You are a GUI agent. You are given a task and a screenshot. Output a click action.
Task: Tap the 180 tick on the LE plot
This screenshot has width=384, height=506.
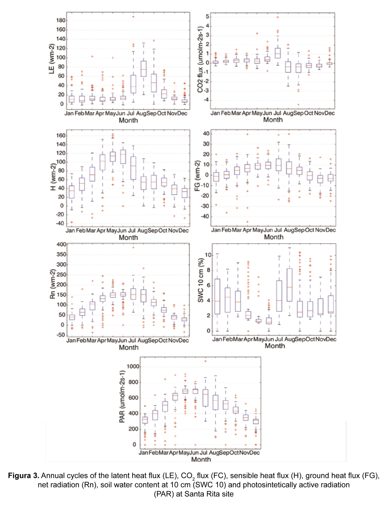[x=61, y=20]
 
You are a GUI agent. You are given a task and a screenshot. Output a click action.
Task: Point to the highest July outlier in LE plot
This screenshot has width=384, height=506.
[x=133, y=17]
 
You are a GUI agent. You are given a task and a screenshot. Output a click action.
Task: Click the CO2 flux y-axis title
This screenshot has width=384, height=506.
[x=200, y=59]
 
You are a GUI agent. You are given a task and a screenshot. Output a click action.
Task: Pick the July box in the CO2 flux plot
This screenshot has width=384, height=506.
[x=278, y=53]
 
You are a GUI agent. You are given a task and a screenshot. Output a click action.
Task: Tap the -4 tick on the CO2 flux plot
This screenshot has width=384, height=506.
[x=207, y=100]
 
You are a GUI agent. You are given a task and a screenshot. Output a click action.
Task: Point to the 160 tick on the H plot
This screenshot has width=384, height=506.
[x=61, y=136]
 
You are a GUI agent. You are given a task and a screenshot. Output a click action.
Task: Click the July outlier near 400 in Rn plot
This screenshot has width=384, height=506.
[x=133, y=248]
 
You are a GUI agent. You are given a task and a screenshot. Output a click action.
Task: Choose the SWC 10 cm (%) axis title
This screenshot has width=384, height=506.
[x=200, y=280]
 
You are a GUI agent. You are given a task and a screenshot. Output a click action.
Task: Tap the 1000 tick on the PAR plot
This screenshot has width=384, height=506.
[x=133, y=366]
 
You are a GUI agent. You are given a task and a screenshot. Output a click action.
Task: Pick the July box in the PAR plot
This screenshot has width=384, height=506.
[x=205, y=398]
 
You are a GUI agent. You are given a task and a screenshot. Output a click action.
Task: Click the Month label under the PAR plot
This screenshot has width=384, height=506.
[x=201, y=459]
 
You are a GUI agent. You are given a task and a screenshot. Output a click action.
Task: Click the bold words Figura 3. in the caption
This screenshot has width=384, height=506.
[x=24, y=476]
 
